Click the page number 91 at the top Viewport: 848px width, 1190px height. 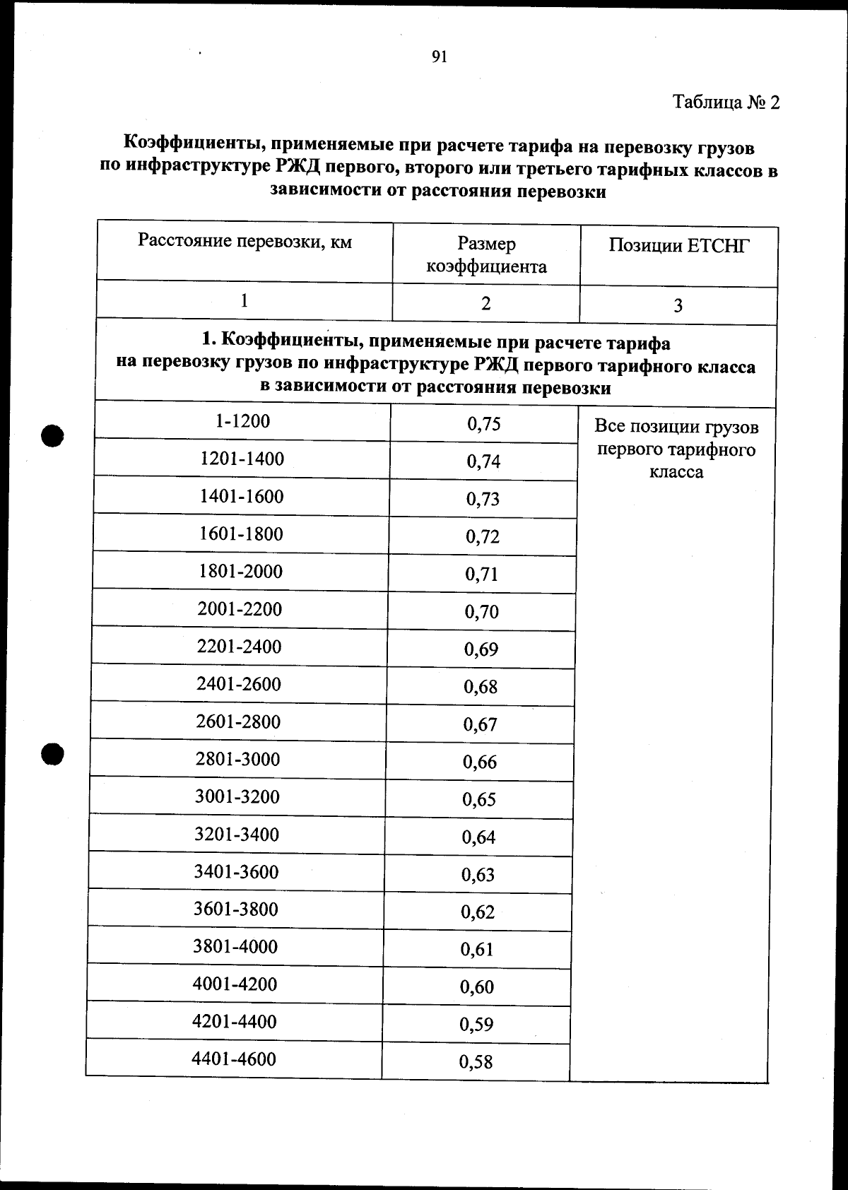coord(439,57)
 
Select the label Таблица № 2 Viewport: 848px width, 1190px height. coord(726,102)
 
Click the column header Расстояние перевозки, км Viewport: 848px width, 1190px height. coord(245,242)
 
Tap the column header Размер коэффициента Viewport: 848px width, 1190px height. coord(486,255)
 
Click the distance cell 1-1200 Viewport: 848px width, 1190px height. coord(242,421)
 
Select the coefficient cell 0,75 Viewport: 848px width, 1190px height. coord(483,424)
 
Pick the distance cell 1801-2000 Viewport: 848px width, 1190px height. coord(240,571)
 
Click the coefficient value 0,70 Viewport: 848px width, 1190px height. coord(481,612)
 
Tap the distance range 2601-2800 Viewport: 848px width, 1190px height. coord(238,721)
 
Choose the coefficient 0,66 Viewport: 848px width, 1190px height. coord(480,762)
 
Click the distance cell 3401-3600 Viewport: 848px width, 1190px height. coord(236,871)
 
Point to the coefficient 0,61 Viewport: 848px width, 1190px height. coord(477,949)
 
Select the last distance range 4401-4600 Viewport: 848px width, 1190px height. coord(233,1059)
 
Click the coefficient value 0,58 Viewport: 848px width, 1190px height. coord(476,1061)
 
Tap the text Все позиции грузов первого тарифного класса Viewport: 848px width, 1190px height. coord(676,449)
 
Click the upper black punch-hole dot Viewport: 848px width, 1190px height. coord(52,435)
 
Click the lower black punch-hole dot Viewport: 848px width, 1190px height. coord(52,754)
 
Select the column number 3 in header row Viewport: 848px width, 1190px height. coord(678,306)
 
